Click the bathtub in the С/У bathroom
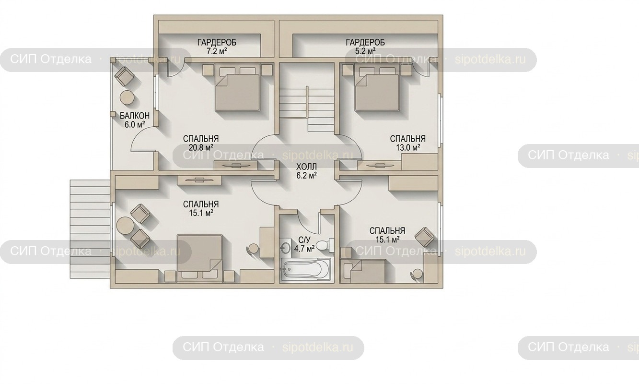point(305,269)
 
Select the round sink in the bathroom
point(286,247)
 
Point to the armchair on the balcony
point(124,76)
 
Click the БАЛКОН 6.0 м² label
point(135,120)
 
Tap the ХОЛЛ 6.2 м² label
point(306,171)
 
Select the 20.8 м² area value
point(201,147)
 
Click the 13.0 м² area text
point(408,147)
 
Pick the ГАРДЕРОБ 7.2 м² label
point(217,47)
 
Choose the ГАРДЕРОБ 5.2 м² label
point(365,47)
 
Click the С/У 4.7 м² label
point(305,244)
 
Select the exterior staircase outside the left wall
point(90,229)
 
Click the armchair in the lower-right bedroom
point(425,237)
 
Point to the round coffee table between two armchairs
point(125,225)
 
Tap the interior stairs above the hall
point(306,110)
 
